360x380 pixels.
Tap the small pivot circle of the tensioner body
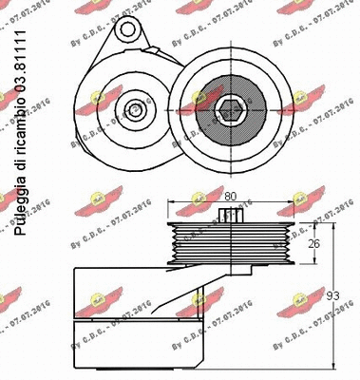[x=136, y=110]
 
